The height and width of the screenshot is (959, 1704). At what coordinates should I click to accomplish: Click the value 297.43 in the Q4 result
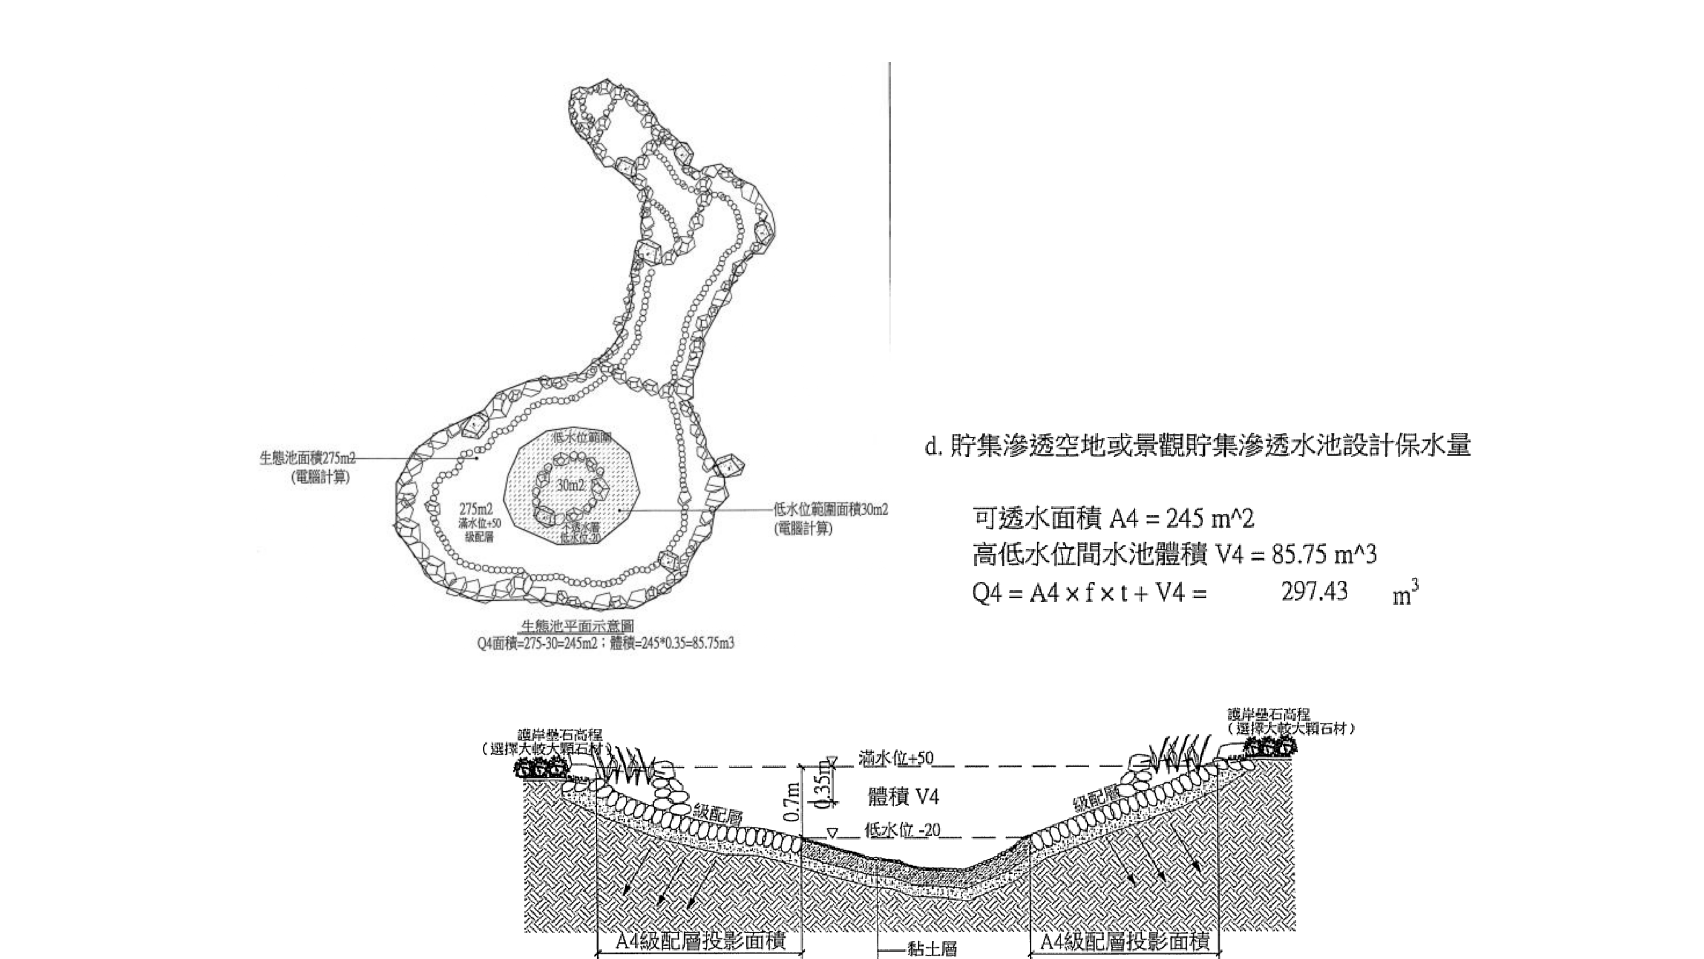pyautogui.click(x=1314, y=591)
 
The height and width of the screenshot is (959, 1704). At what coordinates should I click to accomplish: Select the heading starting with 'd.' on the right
pyautogui.click(x=1197, y=445)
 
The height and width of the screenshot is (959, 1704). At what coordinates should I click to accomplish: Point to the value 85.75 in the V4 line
pyautogui.click(x=1298, y=555)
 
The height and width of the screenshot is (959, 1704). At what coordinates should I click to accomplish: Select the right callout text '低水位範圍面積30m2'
pyautogui.click(x=831, y=510)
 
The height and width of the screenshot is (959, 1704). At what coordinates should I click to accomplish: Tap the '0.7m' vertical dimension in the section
pyautogui.click(x=792, y=801)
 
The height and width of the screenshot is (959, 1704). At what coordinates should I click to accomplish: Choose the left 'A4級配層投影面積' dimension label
pyautogui.click(x=700, y=941)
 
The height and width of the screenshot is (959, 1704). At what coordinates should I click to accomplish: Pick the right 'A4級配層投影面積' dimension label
pyautogui.click(x=1125, y=941)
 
